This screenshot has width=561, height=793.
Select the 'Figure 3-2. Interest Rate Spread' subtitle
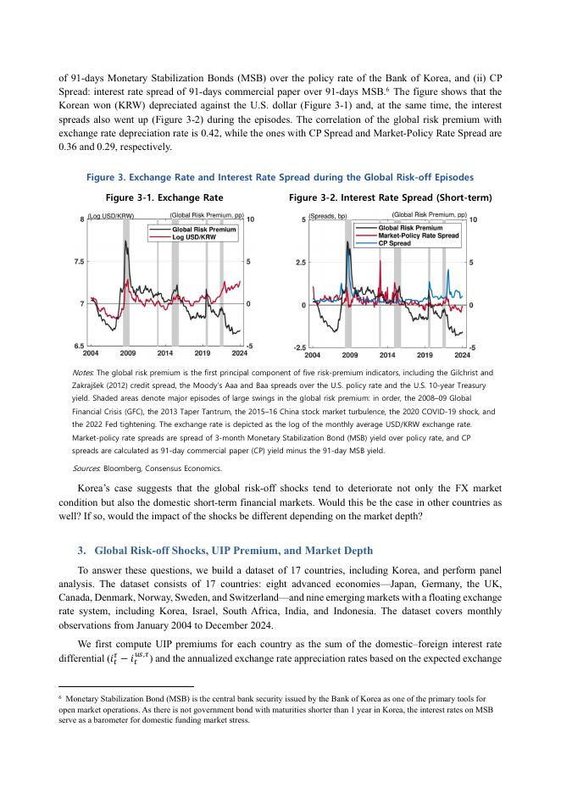point(390,197)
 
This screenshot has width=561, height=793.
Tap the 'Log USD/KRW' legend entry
point(194,236)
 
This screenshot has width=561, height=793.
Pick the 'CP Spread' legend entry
point(395,243)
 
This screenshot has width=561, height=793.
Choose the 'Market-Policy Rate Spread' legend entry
point(418,236)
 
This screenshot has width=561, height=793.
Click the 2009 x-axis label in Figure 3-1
point(128,352)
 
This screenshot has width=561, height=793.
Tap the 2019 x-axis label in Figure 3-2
point(425,356)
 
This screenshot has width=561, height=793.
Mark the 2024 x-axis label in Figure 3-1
point(239,352)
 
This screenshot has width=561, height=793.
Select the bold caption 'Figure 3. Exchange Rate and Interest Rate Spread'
point(280,177)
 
